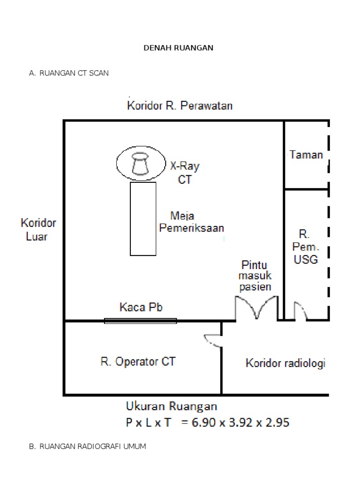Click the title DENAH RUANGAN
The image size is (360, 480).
click(x=178, y=48)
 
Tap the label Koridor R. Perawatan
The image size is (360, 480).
click(x=180, y=106)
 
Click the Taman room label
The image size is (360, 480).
click(x=306, y=155)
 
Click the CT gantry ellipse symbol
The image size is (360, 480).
click(x=141, y=163)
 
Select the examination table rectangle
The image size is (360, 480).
click(x=143, y=219)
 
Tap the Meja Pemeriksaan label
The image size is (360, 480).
click(x=192, y=222)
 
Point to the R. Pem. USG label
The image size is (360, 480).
click(x=306, y=246)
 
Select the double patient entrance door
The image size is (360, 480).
click(x=256, y=309)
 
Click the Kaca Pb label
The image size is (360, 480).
click(x=141, y=307)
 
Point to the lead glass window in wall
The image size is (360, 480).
click(x=141, y=321)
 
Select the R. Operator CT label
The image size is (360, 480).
click(x=138, y=362)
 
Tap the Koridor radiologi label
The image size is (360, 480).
click(x=285, y=363)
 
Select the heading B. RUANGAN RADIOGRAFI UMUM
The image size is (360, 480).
click(x=87, y=446)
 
